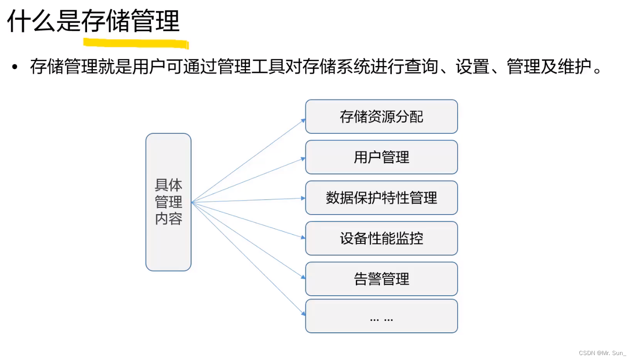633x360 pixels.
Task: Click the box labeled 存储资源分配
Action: pyautogui.click(x=381, y=117)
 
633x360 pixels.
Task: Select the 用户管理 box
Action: pyautogui.click(x=381, y=157)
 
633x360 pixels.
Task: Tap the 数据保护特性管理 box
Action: pyautogui.click(x=381, y=198)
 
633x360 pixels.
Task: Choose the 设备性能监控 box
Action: pyautogui.click(x=381, y=238)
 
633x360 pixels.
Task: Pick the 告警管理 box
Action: pyautogui.click(x=381, y=279)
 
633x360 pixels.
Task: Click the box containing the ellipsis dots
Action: pyautogui.click(x=381, y=316)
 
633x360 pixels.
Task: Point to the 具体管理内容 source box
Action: pyautogui.click(x=168, y=202)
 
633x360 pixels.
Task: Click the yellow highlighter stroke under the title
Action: pyautogui.click(x=136, y=43)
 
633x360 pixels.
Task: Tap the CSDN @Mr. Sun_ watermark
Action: pyautogui.click(x=602, y=353)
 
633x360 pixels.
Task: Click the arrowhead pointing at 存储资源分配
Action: pyautogui.click(x=303, y=120)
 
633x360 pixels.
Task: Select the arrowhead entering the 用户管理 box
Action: pyautogui.click(x=303, y=158)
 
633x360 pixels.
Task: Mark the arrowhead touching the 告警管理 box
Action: pyautogui.click(x=303, y=277)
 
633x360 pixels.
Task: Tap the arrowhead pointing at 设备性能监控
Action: pyautogui.click(x=303, y=237)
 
